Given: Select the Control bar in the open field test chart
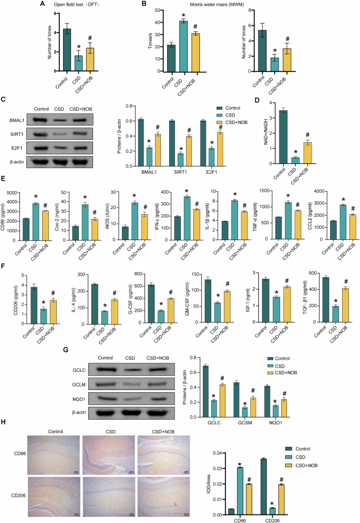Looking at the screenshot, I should pyautogui.click(x=67, y=50).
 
